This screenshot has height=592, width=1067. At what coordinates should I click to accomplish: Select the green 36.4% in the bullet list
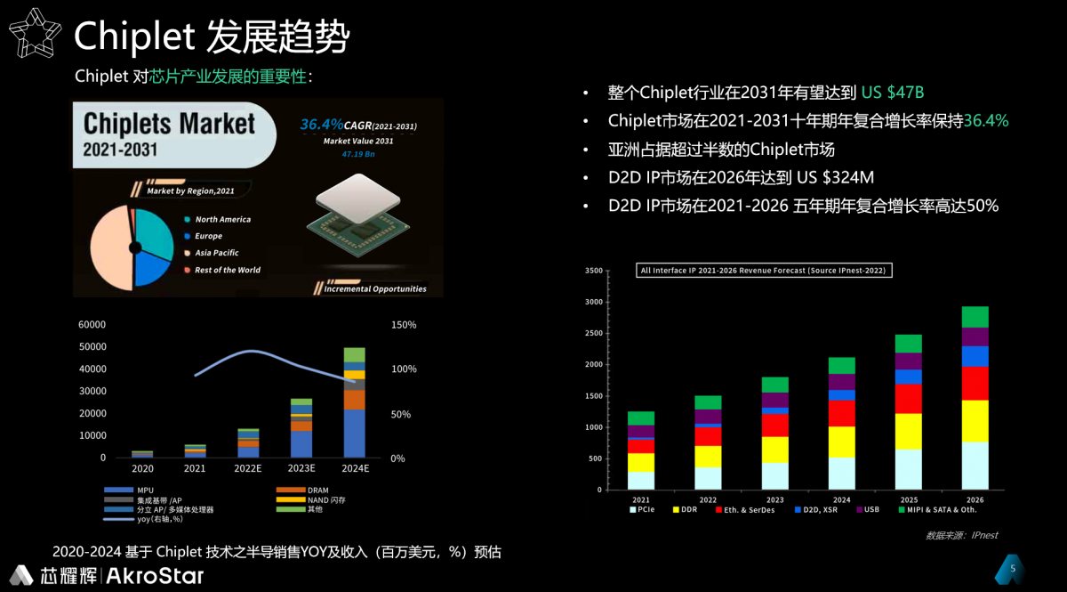(986, 121)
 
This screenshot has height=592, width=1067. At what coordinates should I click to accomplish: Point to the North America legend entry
(222, 219)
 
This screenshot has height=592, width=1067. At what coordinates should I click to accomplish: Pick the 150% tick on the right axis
(404, 325)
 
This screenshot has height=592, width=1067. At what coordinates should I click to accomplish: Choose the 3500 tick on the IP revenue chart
(595, 271)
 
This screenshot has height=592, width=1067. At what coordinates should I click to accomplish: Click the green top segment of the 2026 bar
(975, 317)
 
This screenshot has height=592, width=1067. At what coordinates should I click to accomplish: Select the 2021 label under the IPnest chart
(641, 500)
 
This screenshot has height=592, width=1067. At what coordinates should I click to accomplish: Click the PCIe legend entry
(646, 510)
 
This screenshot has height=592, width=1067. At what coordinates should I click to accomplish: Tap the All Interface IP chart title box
(765, 270)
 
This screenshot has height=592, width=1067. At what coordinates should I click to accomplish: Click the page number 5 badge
(1011, 568)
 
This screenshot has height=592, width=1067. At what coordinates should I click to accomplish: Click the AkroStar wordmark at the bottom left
(156, 576)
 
